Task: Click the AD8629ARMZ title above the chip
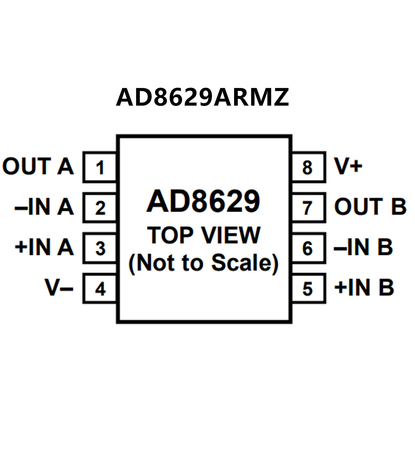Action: coord(202,97)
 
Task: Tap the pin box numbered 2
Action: coord(100,208)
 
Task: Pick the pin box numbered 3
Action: coord(100,248)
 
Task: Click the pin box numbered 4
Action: coord(100,289)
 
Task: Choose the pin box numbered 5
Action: coord(308,289)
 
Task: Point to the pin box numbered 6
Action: coord(308,248)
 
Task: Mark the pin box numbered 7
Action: coord(308,208)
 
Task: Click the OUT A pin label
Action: coord(38,166)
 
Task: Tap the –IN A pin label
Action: coord(44,207)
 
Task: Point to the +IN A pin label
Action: coord(44,247)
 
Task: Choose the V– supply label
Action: coord(59,287)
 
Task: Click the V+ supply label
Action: coord(348,166)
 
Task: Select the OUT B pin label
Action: coord(370,207)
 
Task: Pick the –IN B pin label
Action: coord(363,247)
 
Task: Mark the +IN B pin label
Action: coord(364,287)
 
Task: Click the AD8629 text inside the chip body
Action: coord(203,201)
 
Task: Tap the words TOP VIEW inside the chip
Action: coord(204,235)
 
